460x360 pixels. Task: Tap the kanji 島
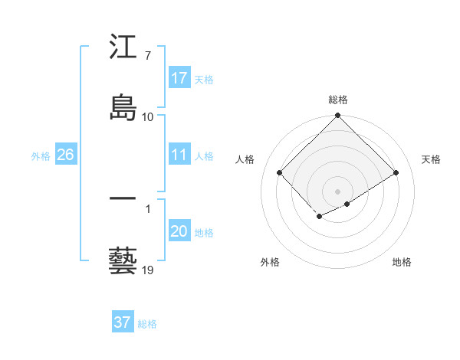click(x=123, y=106)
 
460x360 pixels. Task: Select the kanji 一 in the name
click(x=123, y=198)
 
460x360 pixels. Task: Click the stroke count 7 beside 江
click(x=147, y=56)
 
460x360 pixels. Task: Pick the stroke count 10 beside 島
click(x=148, y=116)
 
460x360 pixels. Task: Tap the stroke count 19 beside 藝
click(x=148, y=270)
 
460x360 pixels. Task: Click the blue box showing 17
click(x=179, y=78)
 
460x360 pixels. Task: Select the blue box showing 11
click(x=179, y=155)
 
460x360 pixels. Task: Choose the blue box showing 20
click(x=179, y=231)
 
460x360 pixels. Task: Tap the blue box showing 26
click(x=65, y=155)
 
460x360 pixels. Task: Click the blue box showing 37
click(x=122, y=322)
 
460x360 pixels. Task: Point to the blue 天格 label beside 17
click(x=204, y=80)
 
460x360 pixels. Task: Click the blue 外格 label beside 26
click(x=41, y=156)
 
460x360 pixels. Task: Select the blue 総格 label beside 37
click(x=147, y=324)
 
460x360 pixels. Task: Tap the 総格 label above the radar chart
click(x=338, y=100)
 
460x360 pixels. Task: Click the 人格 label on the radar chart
click(x=245, y=159)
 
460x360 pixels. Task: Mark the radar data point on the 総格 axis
click(x=338, y=116)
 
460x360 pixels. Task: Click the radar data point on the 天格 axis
click(x=396, y=173)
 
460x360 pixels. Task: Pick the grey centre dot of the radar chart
click(x=338, y=191)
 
